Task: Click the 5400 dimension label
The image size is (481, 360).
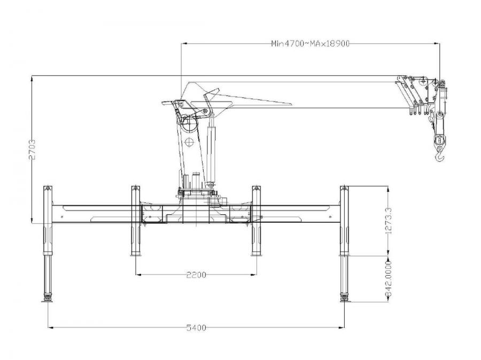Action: tap(196, 328)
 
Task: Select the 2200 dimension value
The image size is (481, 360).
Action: tap(196, 275)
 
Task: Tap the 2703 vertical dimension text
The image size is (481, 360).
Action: tap(32, 150)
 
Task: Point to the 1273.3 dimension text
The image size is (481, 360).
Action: tap(389, 221)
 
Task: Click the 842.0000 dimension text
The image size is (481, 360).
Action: tap(389, 279)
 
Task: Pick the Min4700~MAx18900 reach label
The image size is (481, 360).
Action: tap(310, 44)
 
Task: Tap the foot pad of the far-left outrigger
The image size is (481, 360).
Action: tap(47, 301)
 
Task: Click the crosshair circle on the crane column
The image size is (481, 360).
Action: tap(190, 142)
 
